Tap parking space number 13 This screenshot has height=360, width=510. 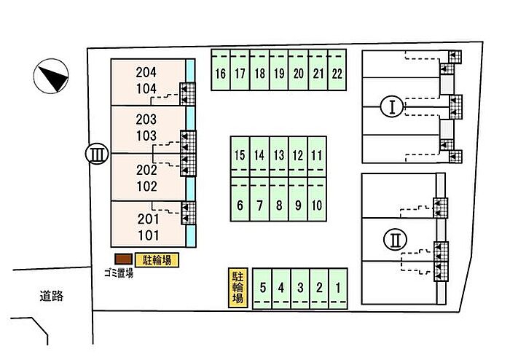278,154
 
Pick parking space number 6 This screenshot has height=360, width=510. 240,205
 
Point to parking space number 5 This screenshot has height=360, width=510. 262,287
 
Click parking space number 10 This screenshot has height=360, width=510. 316,205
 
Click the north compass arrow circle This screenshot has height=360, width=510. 52,76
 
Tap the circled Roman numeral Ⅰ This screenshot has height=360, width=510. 392,108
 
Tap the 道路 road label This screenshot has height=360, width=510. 52,296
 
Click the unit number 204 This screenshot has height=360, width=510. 146,72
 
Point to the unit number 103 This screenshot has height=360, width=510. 146,135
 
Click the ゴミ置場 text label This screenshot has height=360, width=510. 118,273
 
